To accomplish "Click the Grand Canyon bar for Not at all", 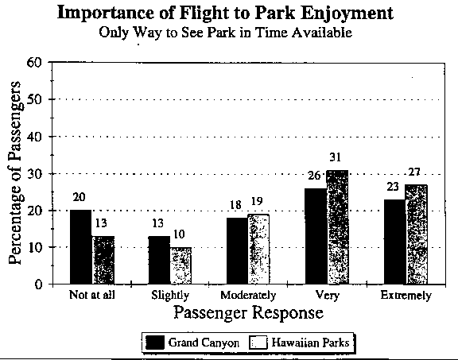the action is point(81,246).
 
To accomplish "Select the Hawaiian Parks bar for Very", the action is point(337,226).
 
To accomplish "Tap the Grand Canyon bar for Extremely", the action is point(394,242).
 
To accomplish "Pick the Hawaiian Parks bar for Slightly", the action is point(180,265).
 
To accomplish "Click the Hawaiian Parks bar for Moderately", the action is point(258,249).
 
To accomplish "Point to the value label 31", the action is point(336,157).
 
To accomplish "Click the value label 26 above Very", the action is point(314,176).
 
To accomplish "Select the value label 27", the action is point(414,172).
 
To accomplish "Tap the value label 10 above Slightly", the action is point(179,234).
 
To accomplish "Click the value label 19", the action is point(257,201).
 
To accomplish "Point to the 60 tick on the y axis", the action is point(34,63).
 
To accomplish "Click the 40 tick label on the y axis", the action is point(34,137).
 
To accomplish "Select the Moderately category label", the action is point(248,295).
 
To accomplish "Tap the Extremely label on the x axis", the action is point(406,295).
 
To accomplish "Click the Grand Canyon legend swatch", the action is point(155,343).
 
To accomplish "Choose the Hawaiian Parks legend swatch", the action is point(258,343).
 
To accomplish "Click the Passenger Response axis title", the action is point(249,312).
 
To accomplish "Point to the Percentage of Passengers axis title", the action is point(15,172).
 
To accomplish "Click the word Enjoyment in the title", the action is point(347,14).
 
